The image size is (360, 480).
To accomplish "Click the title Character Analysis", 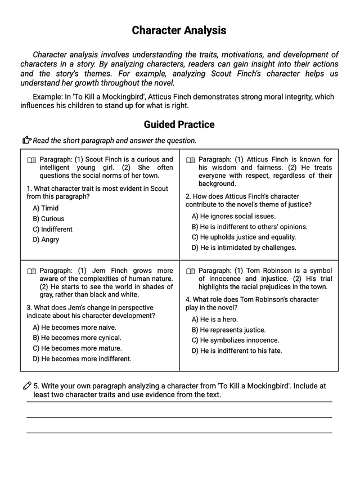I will point(179,30).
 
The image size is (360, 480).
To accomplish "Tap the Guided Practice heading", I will point(179,124).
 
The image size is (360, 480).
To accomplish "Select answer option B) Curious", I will point(48,219).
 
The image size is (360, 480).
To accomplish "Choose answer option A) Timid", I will point(46,208).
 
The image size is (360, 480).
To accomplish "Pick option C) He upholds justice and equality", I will point(244,237).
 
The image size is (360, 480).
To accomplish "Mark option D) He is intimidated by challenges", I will point(244,248).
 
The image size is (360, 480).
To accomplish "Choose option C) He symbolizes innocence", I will point(235,340).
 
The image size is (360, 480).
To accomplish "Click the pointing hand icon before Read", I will point(26,140).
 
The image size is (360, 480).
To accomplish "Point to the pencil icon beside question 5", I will point(26,386).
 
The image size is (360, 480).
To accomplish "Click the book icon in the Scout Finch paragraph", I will point(32,160).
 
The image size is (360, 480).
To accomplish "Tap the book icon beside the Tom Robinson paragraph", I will point(191,271).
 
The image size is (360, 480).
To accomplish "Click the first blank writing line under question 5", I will point(179,402).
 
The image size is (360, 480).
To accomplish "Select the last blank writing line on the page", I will point(179,433).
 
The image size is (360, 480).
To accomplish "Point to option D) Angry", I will point(46,240).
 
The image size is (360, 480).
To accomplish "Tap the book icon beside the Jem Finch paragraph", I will point(32,271).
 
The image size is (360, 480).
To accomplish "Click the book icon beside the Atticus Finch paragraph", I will point(191,160).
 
